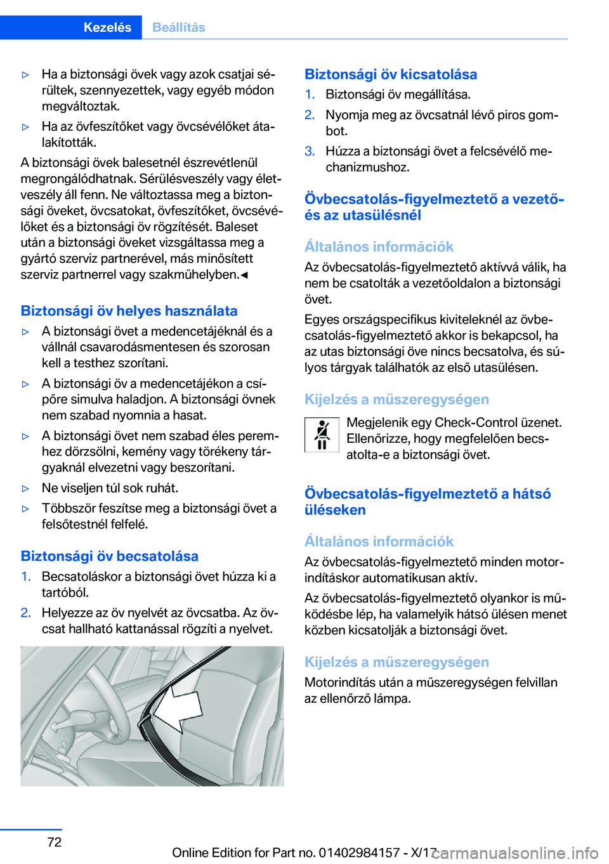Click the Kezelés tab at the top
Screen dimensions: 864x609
107,27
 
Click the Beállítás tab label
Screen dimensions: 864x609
179,27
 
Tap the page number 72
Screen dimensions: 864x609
55,842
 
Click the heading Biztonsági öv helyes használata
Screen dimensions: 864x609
129,311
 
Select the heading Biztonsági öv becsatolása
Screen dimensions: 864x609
109,556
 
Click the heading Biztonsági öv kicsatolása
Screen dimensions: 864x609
390,74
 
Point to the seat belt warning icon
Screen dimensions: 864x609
322,435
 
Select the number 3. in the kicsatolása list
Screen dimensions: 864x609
310,151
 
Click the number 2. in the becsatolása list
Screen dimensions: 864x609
25,613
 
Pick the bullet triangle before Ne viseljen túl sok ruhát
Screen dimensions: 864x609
26,488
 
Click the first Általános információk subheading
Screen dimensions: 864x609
379,247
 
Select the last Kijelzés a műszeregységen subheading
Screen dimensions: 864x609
396,662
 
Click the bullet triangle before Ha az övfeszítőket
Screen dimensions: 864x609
26,127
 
